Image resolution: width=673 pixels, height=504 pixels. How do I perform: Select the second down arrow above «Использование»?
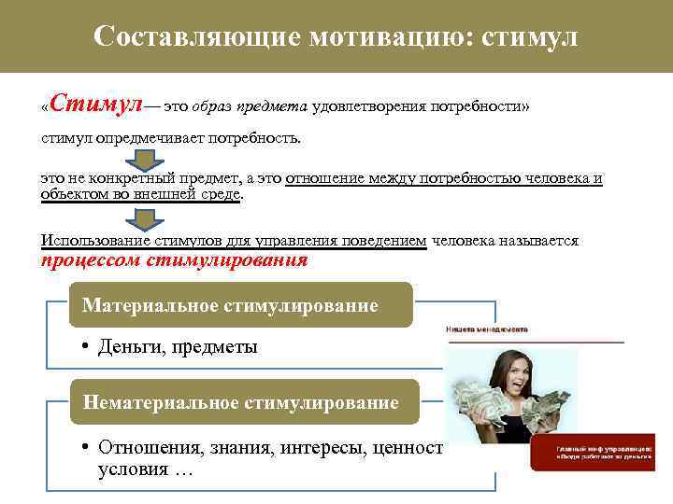(x=145, y=219)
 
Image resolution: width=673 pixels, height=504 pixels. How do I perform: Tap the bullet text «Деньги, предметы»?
(x=178, y=347)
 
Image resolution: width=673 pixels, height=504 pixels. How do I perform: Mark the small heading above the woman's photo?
(x=485, y=329)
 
